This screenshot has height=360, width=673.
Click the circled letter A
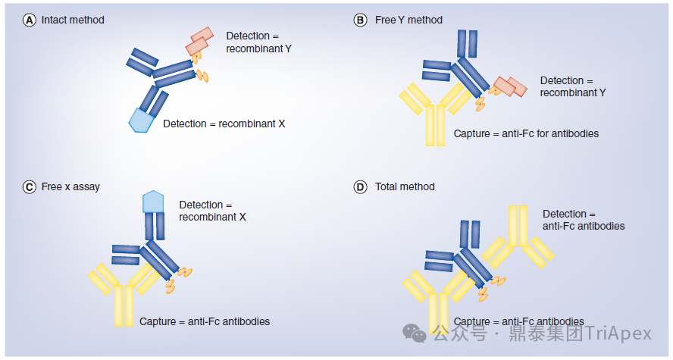tap(30, 20)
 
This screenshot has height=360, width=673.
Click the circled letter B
tap(361, 20)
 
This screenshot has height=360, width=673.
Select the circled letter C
tap(30, 187)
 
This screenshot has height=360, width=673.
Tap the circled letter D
tap(361, 187)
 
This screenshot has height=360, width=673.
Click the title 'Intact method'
tap(73, 20)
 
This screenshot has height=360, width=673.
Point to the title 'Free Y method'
tap(408, 20)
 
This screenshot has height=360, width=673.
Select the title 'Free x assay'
tap(70, 187)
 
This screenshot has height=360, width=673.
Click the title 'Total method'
tap(405, 187)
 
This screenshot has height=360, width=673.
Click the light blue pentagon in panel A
tap(141, 121)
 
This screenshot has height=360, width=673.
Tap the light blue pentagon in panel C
tap(153, 202)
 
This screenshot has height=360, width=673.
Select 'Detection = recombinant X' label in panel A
tap(224, 124)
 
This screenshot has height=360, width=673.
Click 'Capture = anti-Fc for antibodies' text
tap(526, 134)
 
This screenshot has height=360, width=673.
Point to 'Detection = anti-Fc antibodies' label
tap(584, 220)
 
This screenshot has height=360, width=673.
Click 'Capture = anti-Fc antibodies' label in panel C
tap(205, 321)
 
